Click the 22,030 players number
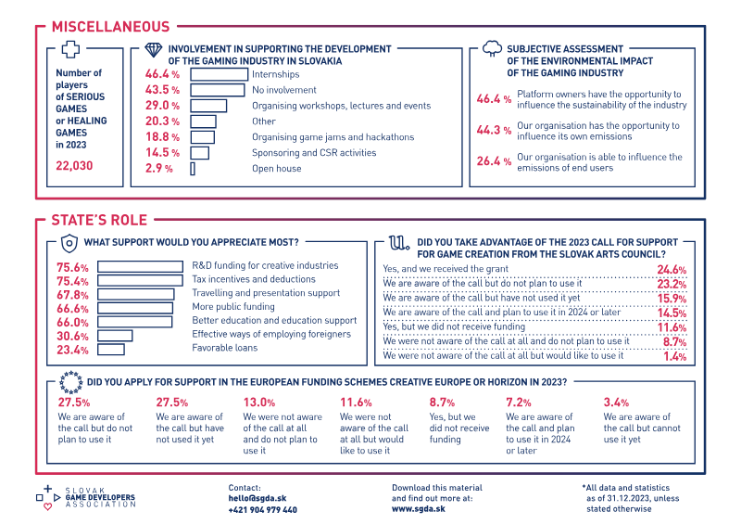click(x=74, y=166)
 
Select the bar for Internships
click(x=220, y=74)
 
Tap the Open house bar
click(x=193, y=169)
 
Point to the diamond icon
click(x=153, y=50)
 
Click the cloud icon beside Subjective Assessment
click(x=492, y=49)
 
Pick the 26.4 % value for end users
click(x=494, y=161)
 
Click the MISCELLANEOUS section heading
click(x=110, y=27)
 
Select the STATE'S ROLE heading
click(x=99, y=220)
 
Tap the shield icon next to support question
click(x=69, y=244)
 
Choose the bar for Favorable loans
click(x=111, y=350)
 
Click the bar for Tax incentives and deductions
click(x=141, y=280)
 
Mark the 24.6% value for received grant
click(x=672, y=270)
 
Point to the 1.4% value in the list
click(x=675, y=356)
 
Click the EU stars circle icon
click(x=71, y=382)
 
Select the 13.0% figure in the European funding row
click(x=259, y=403)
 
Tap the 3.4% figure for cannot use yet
click(x=616, y=403)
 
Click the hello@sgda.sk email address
click(x=257, y=498)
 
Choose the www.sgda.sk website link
click(x=419, y=509)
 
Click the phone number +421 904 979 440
click(x=263, y=510)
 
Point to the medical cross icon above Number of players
click(x=70, y=49)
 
